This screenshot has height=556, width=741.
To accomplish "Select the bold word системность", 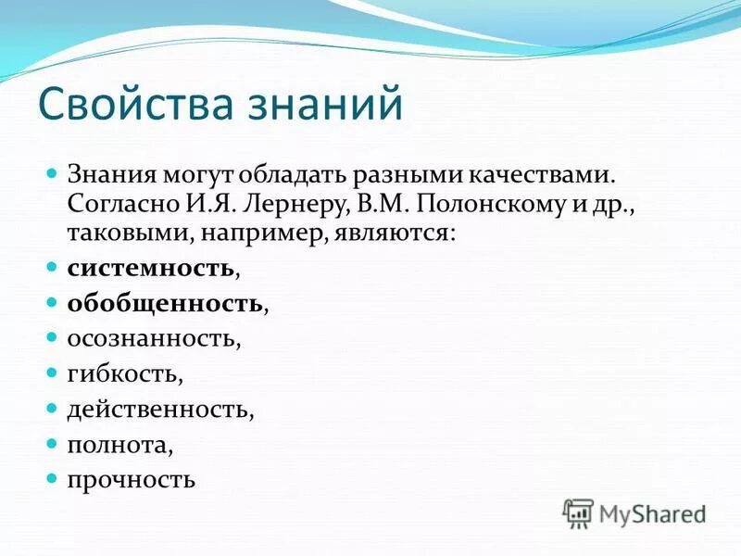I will tap(150, 269).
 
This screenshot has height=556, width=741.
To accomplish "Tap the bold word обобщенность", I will tap(163, 304).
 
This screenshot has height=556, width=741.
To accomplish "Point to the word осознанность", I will tap(152, 339).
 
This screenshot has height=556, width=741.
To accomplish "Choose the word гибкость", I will tap(123, 374).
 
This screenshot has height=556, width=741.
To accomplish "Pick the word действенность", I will tap(158, 410).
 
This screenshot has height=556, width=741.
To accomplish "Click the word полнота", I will tap(119, 445).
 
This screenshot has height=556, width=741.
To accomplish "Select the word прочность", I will tap(131, 480).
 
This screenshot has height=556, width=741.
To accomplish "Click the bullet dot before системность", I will tap(52, 267).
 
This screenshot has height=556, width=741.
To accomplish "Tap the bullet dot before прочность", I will tap(52, 478).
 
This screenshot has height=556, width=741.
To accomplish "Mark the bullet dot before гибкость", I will tap(52, 373).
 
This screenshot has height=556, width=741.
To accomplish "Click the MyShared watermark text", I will tap(653, 512).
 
